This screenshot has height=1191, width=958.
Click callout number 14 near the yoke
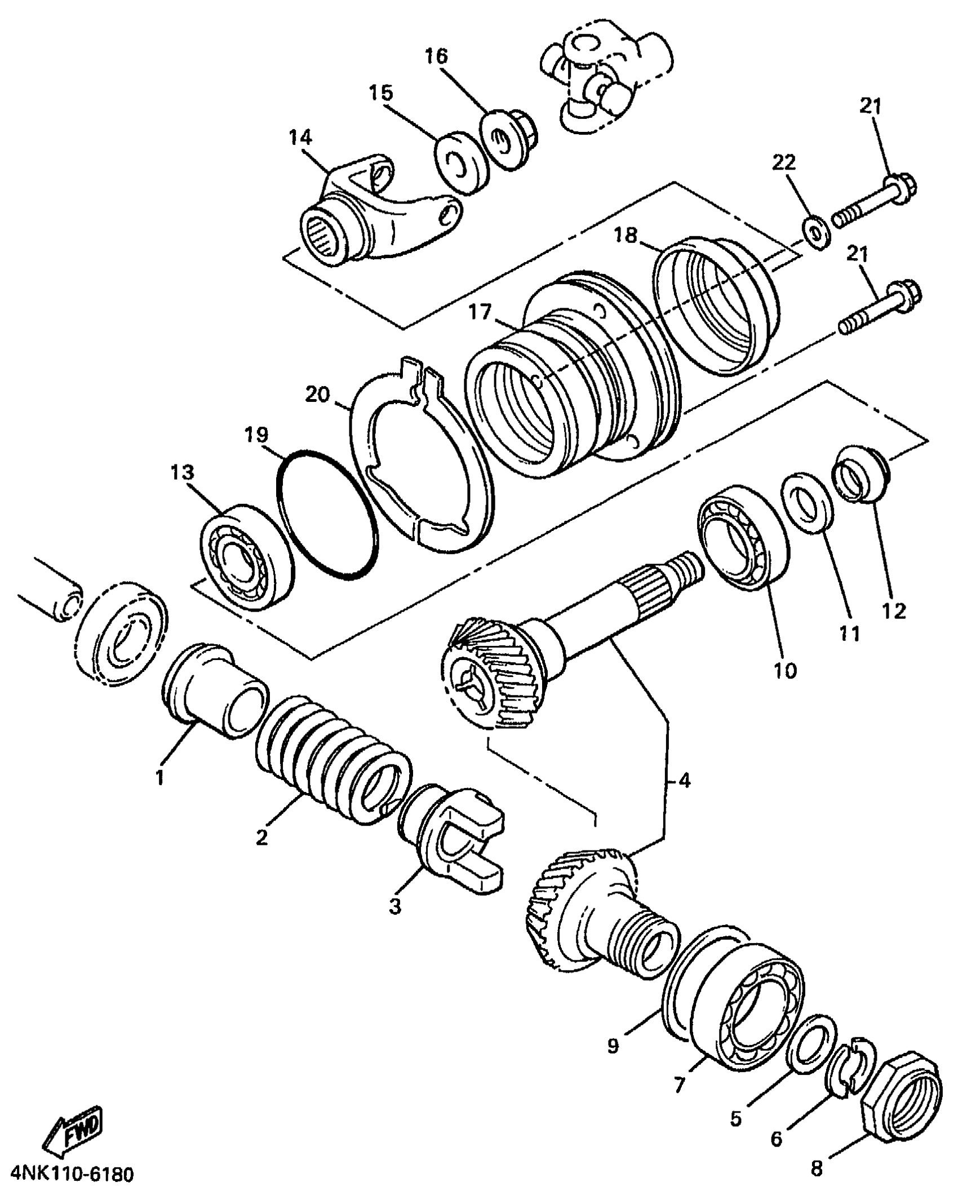301,137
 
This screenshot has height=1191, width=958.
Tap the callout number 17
480,312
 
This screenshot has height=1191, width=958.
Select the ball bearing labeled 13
248,554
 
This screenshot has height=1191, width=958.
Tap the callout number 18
626,235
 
